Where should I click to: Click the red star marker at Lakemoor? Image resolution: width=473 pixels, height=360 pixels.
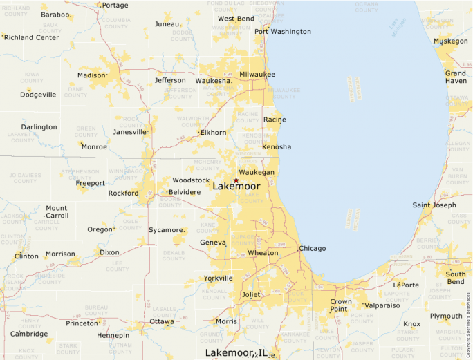(236, 180)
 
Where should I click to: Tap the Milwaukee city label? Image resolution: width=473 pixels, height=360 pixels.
(257, 74)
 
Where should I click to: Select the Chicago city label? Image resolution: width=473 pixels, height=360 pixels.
(312, 248)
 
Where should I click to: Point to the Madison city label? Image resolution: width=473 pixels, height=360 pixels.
(91, 75)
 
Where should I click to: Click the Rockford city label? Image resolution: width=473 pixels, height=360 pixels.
(123, 193)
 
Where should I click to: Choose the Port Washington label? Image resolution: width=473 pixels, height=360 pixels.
(282, 31)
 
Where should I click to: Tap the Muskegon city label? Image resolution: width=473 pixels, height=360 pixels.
(451, 41)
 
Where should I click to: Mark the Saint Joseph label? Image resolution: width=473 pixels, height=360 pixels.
(434, 205)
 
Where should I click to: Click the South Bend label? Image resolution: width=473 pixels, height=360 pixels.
(456, 278)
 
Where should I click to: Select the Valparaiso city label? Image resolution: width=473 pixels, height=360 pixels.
(382, 305)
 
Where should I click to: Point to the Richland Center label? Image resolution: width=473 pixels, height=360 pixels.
(32, 37)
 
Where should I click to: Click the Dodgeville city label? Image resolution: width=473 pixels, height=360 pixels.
(38, 95)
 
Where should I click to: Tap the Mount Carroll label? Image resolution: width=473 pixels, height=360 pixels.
(57, 211)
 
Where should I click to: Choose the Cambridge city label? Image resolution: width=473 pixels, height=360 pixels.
(29, 333)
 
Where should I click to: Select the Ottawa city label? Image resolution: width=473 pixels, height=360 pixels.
(162, 321)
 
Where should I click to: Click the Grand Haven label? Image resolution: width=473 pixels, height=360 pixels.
(455, 77)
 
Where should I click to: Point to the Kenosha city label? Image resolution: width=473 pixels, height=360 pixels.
(277, 146)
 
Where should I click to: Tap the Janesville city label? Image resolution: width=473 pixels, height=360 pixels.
(130, 131)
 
